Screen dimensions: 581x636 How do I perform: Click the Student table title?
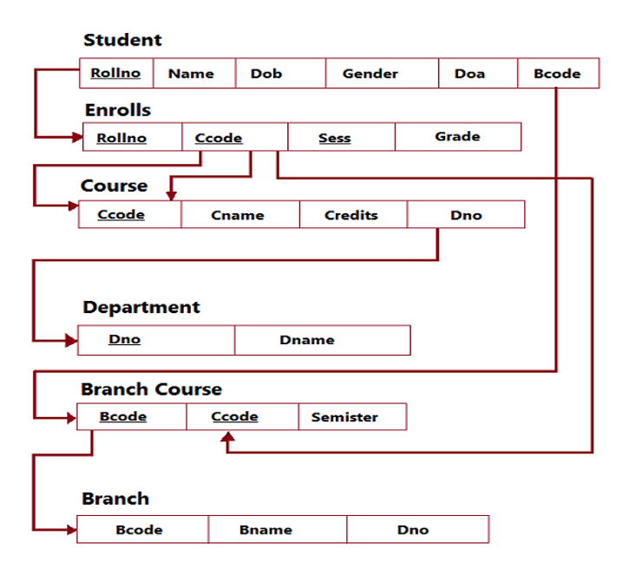tap(122, 40)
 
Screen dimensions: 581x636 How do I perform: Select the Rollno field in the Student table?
tap(115, 74)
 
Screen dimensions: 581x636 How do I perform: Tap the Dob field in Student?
tap(266, 74)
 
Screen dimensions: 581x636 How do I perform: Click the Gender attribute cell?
tap(370, 74)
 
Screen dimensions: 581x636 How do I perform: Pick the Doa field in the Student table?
tap(469, 74)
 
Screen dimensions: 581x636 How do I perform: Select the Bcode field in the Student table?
tap(557, 74)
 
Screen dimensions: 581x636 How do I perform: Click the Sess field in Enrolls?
tap(335, 138)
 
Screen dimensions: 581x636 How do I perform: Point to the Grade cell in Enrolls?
tap(457, 137)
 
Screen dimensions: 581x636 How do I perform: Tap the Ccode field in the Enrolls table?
tap(219, 138)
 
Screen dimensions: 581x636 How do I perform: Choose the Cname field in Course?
tap(237, 215)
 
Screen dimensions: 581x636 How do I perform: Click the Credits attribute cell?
tap(351, 215)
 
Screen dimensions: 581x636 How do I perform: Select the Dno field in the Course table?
tap(466, 215)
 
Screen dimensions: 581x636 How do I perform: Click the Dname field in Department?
tap(307, 340)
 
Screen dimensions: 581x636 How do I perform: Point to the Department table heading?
tap(141, 307)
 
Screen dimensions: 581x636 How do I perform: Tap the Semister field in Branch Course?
tap(344, 417)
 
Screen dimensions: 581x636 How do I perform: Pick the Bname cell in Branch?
tap(266, 530)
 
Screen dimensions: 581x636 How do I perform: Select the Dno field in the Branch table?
tap(413, 530)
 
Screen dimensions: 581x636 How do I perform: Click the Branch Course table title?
tap(151, 389)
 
